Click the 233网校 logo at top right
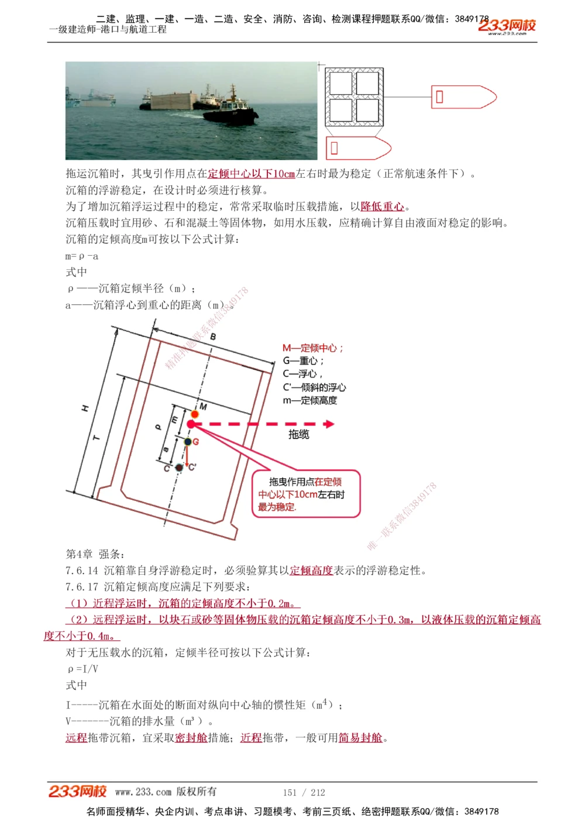coord(507,26)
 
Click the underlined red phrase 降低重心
coord(383,207)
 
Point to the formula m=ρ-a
coord(82,256)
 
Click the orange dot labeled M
coord(195,414)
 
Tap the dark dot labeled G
coord(188,442)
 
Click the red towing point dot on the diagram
coord(191,424)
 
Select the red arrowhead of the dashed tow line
coord(329,424)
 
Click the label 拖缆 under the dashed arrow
coord(299,434)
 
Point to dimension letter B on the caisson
coord(213,336)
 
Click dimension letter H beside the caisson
coord(85,408)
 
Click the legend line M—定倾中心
coord(313,348)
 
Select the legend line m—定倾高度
coord(310,401)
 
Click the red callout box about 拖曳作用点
coord(306,494)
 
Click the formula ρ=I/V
coord(83,668)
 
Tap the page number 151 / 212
coord(304,792)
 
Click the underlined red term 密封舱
coord(191,738)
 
